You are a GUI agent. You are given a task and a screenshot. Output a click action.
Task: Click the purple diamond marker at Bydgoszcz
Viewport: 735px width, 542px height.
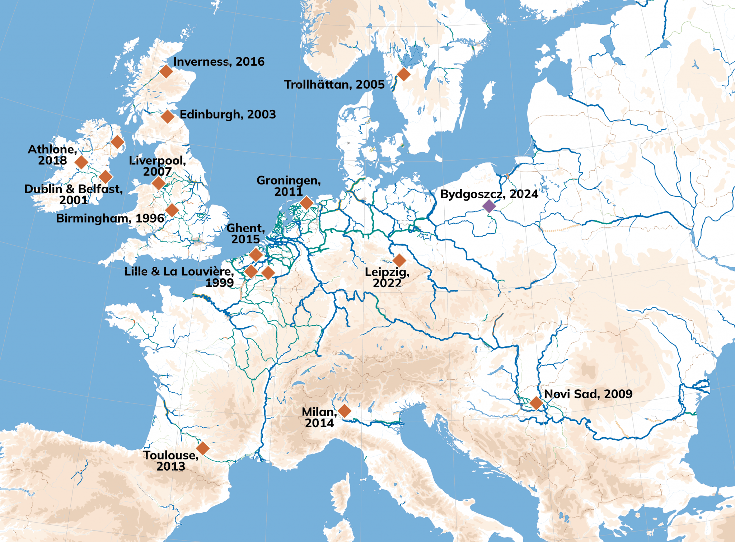[489, 206]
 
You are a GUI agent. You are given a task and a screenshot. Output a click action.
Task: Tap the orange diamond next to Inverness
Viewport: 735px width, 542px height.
[166, 71]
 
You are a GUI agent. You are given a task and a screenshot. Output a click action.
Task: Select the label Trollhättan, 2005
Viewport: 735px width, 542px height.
[334, 85]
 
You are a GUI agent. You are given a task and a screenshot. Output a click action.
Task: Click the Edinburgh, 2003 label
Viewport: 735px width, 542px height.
[228, 115]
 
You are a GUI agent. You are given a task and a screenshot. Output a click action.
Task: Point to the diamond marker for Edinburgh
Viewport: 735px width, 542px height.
[168, 117]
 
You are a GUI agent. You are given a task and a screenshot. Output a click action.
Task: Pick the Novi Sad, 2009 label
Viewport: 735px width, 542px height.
[588, 394]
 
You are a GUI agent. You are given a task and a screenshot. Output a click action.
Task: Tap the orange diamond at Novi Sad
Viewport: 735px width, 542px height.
[536, 403]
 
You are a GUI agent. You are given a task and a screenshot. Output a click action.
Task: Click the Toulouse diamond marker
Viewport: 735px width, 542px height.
[203, 448]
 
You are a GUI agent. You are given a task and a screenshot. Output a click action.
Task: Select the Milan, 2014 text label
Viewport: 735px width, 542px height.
[319, 417]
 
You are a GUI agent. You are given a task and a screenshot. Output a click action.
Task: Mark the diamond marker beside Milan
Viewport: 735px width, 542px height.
[345, 411]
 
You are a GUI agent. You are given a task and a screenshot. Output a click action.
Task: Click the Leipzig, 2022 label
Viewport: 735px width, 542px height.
[387, 277]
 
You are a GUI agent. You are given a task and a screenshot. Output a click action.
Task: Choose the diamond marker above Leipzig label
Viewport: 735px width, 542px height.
[399, 261]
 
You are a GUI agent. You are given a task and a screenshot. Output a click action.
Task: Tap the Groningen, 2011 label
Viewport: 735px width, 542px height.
[289, 186]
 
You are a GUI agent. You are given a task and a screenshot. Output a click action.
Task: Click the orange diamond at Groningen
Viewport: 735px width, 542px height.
[306, 203]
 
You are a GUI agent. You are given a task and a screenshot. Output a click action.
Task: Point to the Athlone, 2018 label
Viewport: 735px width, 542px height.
[52, 155]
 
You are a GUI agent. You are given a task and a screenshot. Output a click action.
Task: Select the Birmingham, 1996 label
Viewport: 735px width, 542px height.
[110, 218]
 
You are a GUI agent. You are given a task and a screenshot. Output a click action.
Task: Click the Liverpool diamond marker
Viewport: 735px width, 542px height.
[158, 183]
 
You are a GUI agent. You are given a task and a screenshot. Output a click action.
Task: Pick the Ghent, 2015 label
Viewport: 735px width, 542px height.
[246, 234]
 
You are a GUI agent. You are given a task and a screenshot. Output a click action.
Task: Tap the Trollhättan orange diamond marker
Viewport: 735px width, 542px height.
[404, 74]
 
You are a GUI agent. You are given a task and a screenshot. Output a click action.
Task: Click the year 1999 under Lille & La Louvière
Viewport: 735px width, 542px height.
[220, 283]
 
